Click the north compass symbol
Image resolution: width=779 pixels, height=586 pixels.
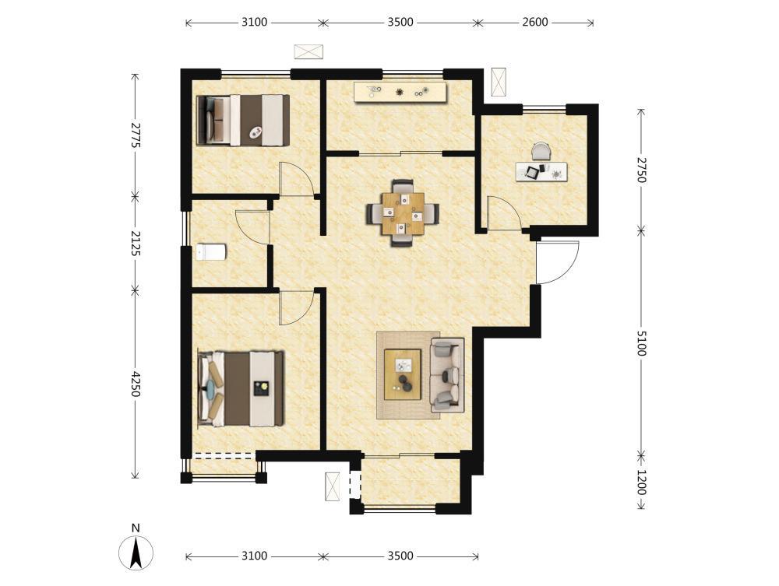coord(136,552)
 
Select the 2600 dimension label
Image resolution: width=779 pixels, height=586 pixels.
coord(535,23)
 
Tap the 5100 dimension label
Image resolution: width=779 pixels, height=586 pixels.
coord(641,343)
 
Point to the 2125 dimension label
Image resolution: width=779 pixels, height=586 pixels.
coord(135,243)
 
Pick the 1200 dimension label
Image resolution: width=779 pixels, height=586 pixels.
coord(641,482)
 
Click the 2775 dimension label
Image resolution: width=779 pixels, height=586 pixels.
coord(135,135)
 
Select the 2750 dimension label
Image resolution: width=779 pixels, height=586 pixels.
coord(641,170)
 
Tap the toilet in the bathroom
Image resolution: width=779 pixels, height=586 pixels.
coord(210,252)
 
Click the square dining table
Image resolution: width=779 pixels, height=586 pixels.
coord(403,213)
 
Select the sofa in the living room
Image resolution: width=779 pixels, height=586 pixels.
coord(447,374)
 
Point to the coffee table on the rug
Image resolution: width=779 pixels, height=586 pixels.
coord(403,374)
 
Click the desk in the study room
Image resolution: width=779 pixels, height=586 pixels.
coord(541,172)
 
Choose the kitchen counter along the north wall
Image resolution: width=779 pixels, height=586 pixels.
coord(400,93)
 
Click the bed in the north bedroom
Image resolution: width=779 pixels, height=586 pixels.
coord(243,120)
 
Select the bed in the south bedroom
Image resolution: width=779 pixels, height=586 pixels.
coord(241,389)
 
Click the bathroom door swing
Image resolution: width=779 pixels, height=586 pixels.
coord(252,227)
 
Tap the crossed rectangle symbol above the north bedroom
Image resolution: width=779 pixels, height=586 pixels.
coord(308,51)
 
